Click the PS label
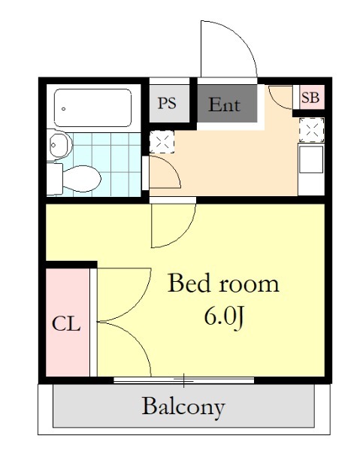pyautogui.click(x=167, y=103)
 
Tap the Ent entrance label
pyautogui.click(x=224, y=104)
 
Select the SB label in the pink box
pyautogui.click(x=310, y=98)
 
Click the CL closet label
pyautogui.click(x=66, y=324)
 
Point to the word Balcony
pyautogui.click(x=183, y=407)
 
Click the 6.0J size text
pyautogui.click(x=224, y=316)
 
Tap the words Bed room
pyautogui.click(x=223, y=283)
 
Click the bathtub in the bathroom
pyautogui.click(x=93, y=107)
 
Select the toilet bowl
pyautogui.click(x=82, y=179)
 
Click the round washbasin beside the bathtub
pyautogui.click(x=60, y=144)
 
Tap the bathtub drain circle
pyautogui.click(x=63, y=109)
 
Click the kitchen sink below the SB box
pyautogui.click(x=311, y=159)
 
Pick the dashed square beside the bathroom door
pyautogui.click(x=162, y=141)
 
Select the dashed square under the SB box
pyautogui.click(x=311, y=130)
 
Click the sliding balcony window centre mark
pyautogui.click(x=183, y=380)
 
